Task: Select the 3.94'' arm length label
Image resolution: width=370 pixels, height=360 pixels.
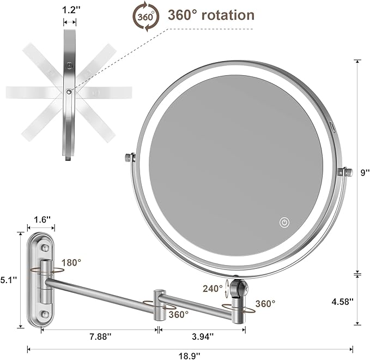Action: click(x=203, y=337)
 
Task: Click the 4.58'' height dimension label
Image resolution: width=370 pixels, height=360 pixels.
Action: click(x=344, y=301)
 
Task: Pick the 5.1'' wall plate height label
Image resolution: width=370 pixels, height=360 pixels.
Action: click(x=9, y=280)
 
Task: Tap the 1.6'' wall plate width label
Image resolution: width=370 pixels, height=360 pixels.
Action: click(x=41, y=219)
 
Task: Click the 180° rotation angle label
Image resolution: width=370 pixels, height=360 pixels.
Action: click(x=71, y=262)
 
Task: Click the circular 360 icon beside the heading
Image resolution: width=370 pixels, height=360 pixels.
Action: click(x=146, y=16)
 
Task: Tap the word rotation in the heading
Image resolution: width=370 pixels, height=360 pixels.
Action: click(x=228, y=15)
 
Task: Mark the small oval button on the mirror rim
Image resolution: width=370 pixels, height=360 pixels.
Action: click(x=332, y=125)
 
